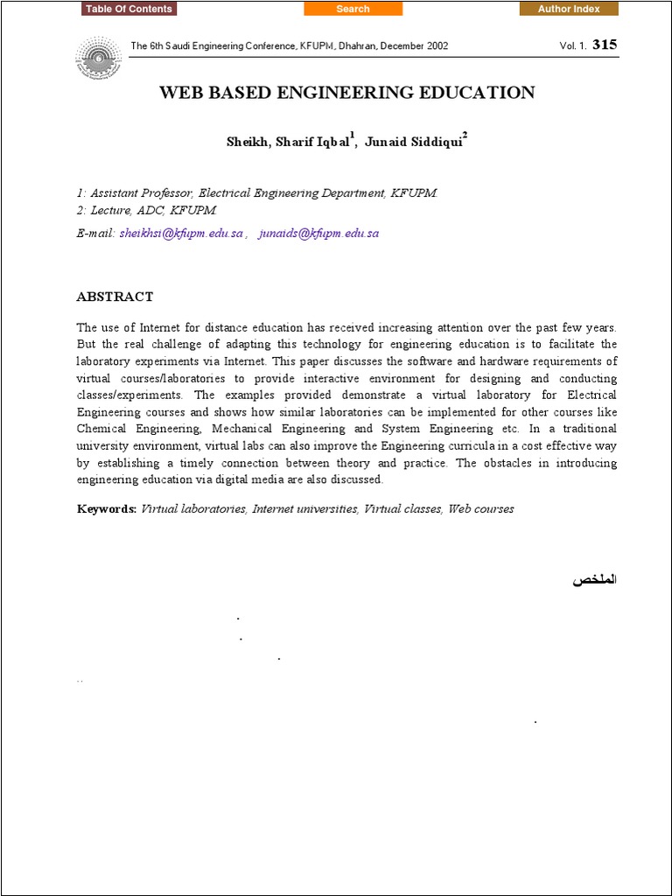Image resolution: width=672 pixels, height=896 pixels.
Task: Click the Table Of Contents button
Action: point(129,9)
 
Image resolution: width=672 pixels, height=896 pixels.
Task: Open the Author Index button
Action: point(569,9)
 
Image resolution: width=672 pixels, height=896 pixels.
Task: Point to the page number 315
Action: point(604,45)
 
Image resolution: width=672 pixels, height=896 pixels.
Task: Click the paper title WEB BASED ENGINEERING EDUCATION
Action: point(346,93)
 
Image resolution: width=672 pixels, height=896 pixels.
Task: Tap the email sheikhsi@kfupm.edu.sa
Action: point(181,234)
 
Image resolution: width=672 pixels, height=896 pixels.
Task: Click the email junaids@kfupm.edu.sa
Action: point(318,234)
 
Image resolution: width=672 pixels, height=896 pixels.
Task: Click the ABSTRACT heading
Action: point(115,297)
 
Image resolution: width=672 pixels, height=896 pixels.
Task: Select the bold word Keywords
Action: point(107,508)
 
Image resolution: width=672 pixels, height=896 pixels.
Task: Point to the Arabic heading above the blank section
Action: point(595,580)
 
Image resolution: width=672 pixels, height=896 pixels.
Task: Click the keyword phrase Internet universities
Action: point(304,508)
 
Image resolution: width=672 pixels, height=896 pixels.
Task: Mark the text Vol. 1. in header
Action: point(573,45)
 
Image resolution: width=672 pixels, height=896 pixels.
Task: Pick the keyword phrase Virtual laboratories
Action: point(193,508)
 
